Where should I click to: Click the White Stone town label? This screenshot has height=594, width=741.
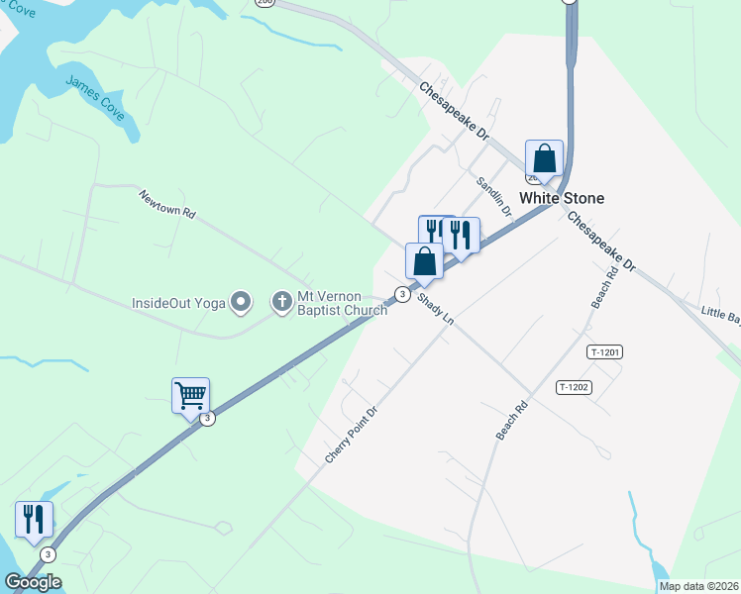click(562, 198)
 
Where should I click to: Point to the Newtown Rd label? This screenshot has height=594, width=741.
click(167, 204)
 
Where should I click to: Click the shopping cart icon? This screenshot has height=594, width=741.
click(190, 396)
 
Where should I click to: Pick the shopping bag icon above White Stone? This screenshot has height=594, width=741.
click(544, 157)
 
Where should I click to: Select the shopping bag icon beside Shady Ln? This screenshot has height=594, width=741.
click(424, 261)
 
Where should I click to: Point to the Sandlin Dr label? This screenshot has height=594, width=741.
click(493, 197)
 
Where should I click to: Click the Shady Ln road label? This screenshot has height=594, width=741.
click(434, 308)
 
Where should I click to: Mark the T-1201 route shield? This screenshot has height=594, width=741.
click(604, 351)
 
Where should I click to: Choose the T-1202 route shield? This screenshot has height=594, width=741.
click(574, 387)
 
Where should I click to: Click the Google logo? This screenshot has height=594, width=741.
click(33, 582)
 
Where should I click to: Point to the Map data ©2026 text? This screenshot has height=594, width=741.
click(698, 586)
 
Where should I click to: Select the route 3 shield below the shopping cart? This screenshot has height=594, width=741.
click(207, 419)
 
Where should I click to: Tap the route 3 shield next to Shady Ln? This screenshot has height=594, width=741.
click(401, 294)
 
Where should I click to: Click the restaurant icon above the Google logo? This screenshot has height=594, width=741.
click(34, 520)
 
